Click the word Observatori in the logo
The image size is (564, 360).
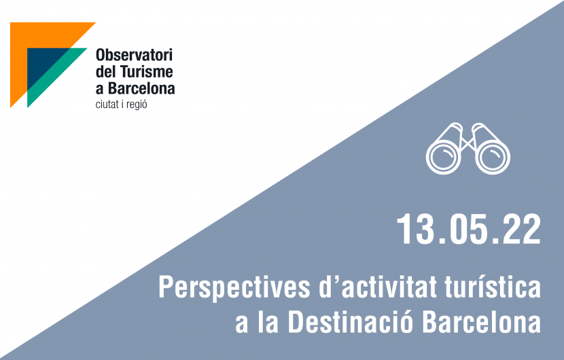coord(134,55)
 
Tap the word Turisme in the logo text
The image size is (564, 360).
coord(147,71)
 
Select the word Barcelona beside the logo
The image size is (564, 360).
coord(141,88)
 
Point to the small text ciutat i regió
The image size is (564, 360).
coord(121,105)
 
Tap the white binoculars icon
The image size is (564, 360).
coord(468,148)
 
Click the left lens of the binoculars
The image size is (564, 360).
coord(444,158)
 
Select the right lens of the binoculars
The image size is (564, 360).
coord(493,158)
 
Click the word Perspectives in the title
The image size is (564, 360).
coord(234,288)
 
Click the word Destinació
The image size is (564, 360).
coord(351,321)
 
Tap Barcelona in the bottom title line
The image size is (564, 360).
coord(482,321)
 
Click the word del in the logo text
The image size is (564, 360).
coord(106,71)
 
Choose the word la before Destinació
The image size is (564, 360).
coord(268,321)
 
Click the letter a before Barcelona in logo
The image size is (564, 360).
coord(99,90)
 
